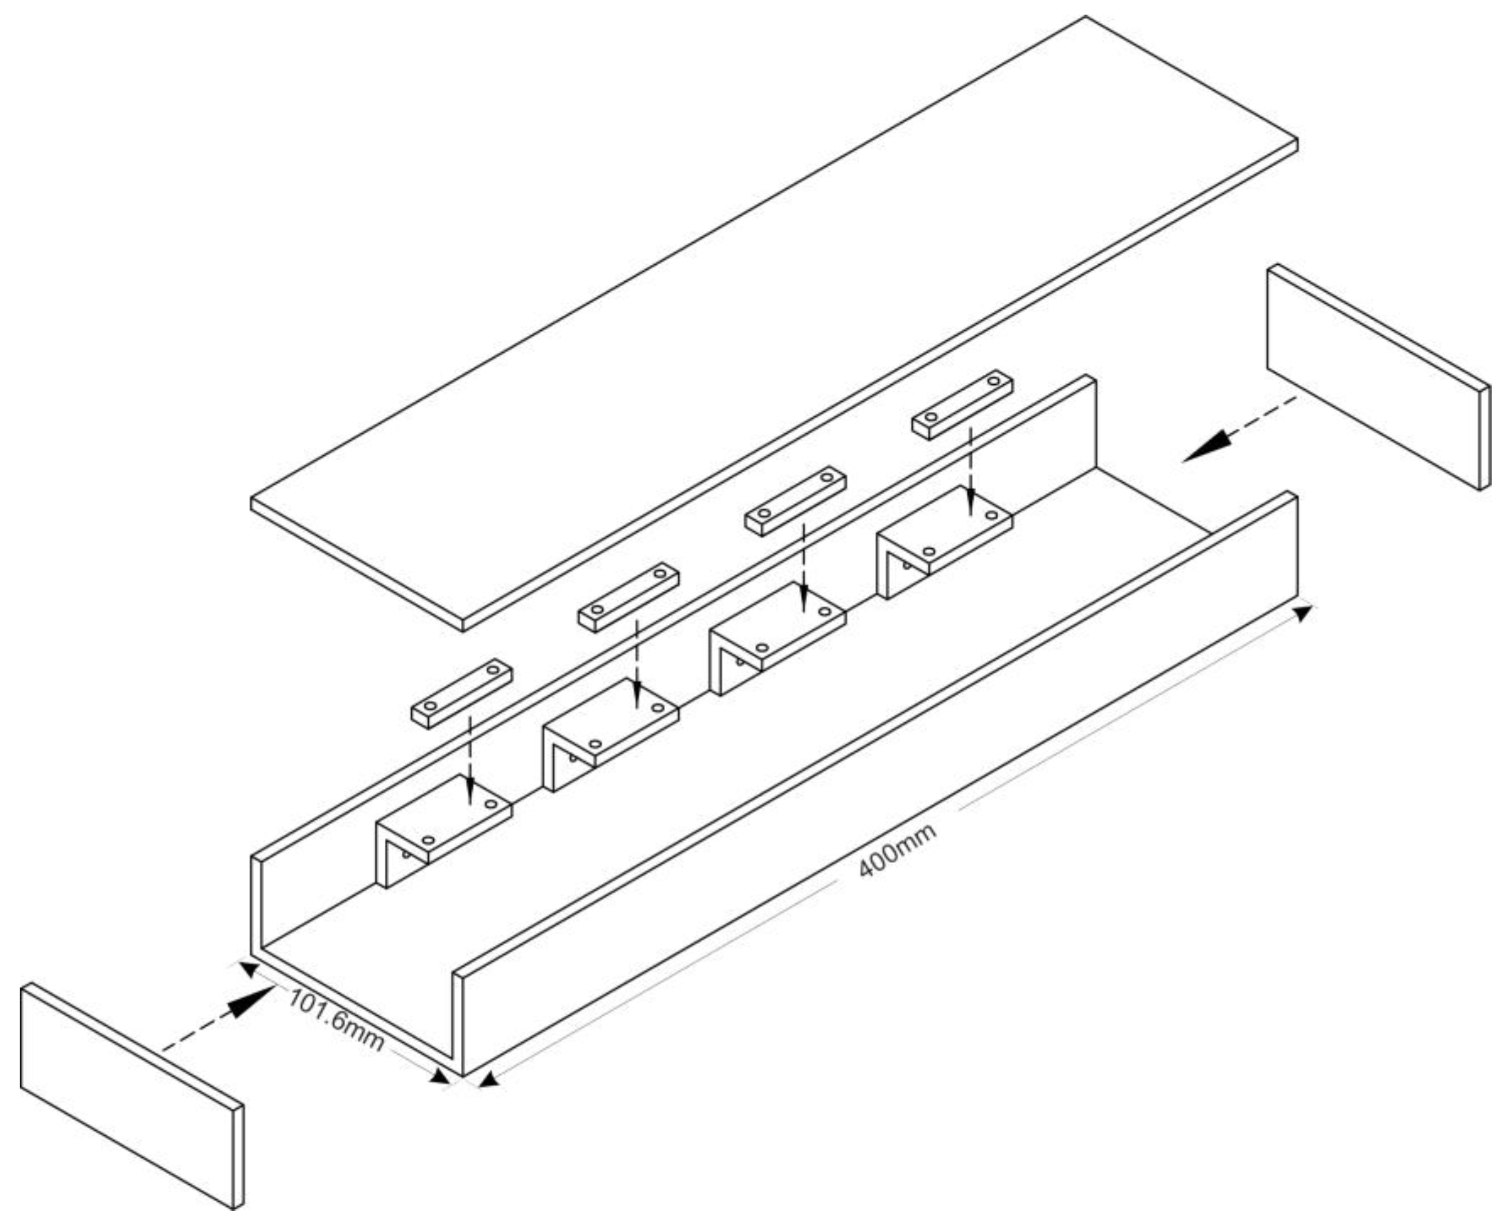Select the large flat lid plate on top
(x=774, y=323)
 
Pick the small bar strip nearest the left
(x=461, y=694)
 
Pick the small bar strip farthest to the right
(x=962, y=404)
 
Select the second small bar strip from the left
(x=629, y=597)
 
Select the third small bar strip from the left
(x=795, y=501)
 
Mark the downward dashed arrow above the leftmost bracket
(x=470, y=761)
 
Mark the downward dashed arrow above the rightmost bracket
(x=971, y=472)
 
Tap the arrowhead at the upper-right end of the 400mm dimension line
(x=1303, y=612)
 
